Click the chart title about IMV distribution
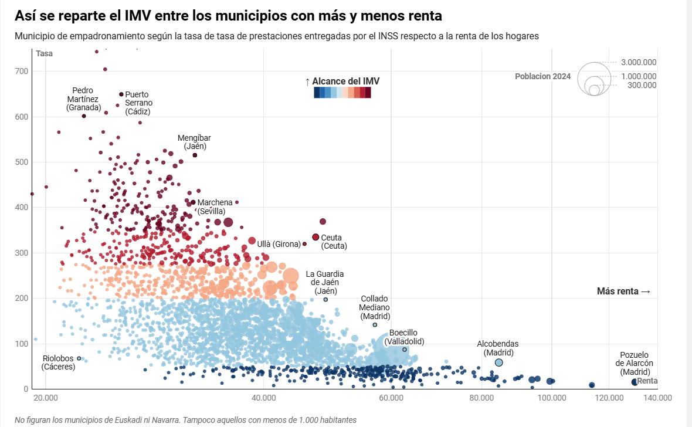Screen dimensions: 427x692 click(228, 15)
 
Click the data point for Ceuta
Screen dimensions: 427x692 click(316, 237)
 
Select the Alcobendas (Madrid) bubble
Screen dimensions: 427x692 click(498, 362)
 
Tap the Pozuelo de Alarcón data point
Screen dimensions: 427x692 click(635, 382)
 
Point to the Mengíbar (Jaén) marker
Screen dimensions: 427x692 click(195, 155)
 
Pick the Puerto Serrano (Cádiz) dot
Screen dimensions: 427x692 click(121, 94)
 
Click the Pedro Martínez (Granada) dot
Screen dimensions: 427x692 click(84, 116)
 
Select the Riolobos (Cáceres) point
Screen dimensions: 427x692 click(79, 358)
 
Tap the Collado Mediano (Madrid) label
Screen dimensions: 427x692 click(375, 307)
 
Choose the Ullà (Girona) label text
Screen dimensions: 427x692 click(278, 243)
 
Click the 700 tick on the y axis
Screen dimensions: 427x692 click(22, 71)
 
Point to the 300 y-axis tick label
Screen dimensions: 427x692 click(22, 253)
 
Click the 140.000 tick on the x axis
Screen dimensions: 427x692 click(657, 398)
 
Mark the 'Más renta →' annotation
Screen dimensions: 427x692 click(623, 292)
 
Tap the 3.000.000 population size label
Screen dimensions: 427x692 click(639, 63)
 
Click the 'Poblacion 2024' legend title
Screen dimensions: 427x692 click(542, 76)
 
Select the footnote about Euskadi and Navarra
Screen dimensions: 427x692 click(185, 420)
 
